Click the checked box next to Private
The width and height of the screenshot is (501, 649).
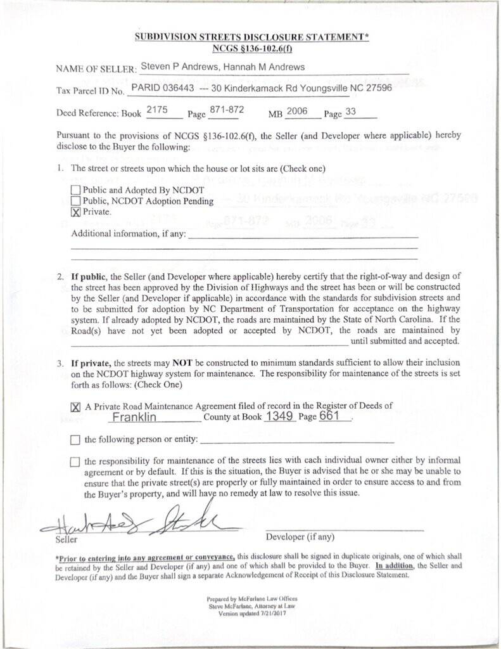[76, 212]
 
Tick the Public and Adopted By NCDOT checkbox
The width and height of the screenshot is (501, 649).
[76, 190]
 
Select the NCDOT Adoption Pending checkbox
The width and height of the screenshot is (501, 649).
[76, 201]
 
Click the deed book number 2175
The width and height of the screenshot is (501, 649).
[156, 110]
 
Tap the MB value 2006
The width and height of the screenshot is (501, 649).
[296, 111]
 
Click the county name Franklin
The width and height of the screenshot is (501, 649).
[134, 418]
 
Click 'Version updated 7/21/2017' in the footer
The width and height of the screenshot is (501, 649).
[251, 614]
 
